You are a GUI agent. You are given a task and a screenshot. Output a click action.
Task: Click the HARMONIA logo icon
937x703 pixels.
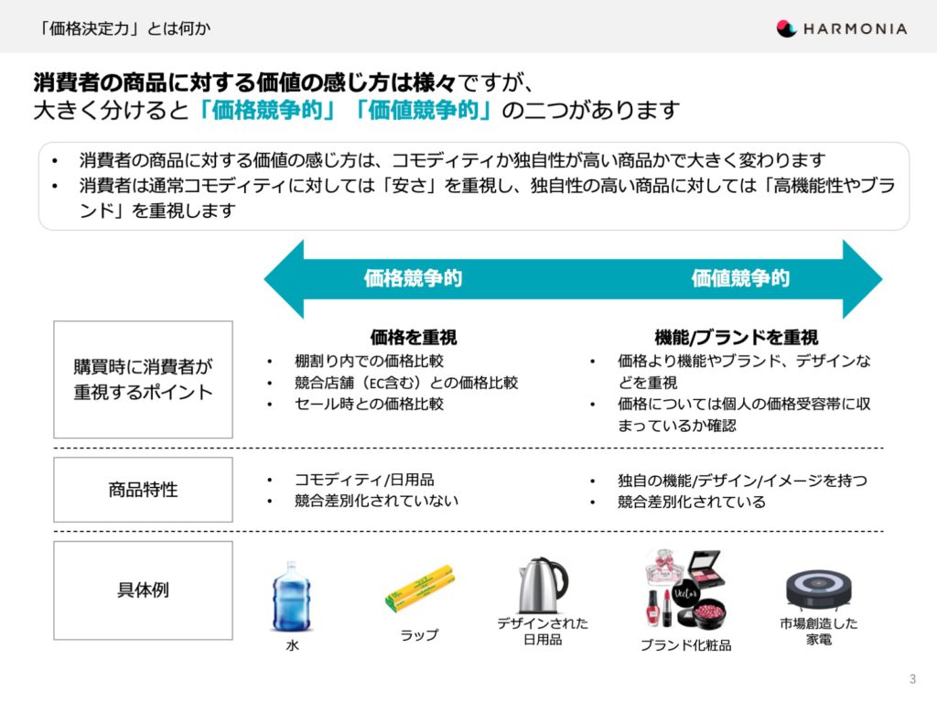click(x=786, y=28)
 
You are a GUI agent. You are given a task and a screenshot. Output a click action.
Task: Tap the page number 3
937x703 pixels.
click(x=912, y=679)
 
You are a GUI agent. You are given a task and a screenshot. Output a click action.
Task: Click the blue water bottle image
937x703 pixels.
click(x=292, y=597)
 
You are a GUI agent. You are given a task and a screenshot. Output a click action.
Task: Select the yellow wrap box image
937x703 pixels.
click(x=419, y=589)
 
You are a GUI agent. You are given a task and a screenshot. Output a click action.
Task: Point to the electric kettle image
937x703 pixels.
click(x=543, y=585)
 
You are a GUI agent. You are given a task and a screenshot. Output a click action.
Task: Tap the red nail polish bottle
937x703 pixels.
click(x=652, y=608)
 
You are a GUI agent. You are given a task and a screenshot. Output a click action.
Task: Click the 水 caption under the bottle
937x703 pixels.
click(x=292, y=645)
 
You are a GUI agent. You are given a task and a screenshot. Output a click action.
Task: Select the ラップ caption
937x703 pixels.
click(x=419, y=635)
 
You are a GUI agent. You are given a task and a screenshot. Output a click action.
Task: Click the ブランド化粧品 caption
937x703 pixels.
click(x=685, y=645)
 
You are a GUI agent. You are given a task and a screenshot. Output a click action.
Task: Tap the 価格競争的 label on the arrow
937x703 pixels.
click(x=413, y=278)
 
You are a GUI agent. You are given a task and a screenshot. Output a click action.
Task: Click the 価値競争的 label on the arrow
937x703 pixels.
click(x=740, y=278)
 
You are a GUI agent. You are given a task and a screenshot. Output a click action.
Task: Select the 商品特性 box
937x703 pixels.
click(x=143, y=490)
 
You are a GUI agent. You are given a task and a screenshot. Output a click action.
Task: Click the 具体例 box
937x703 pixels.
click(x=143, y=590)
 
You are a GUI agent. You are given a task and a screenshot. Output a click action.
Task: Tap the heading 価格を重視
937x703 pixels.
click(x=414, y=337)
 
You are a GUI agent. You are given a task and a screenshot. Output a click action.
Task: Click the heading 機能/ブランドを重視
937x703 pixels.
click(x=737, y=337)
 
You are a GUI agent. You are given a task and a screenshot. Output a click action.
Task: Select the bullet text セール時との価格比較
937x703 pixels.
click(x=370, y=404)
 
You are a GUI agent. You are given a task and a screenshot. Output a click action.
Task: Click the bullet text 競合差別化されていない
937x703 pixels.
click(x=376, y=501)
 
